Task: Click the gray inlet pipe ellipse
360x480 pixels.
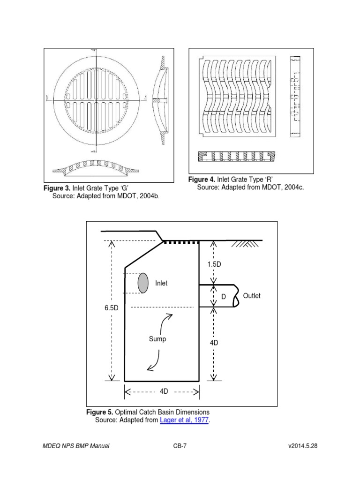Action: click(143, 283)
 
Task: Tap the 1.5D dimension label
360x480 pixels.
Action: click(214, 264)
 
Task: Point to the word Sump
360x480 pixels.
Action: click(157, 339)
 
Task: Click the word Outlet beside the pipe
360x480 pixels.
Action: click(252, 296)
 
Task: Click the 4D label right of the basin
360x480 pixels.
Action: click(214, 343)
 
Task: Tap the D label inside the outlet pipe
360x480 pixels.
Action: click(224, 297)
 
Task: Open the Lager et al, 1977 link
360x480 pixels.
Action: click(184, 420)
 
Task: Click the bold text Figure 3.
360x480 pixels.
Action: click(57, 188)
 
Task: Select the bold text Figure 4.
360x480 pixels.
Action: click(202, 180)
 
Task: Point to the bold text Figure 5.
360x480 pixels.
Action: click(100, 412)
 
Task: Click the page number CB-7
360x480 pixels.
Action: click(180, 446)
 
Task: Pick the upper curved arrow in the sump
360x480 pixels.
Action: click(167, 322)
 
